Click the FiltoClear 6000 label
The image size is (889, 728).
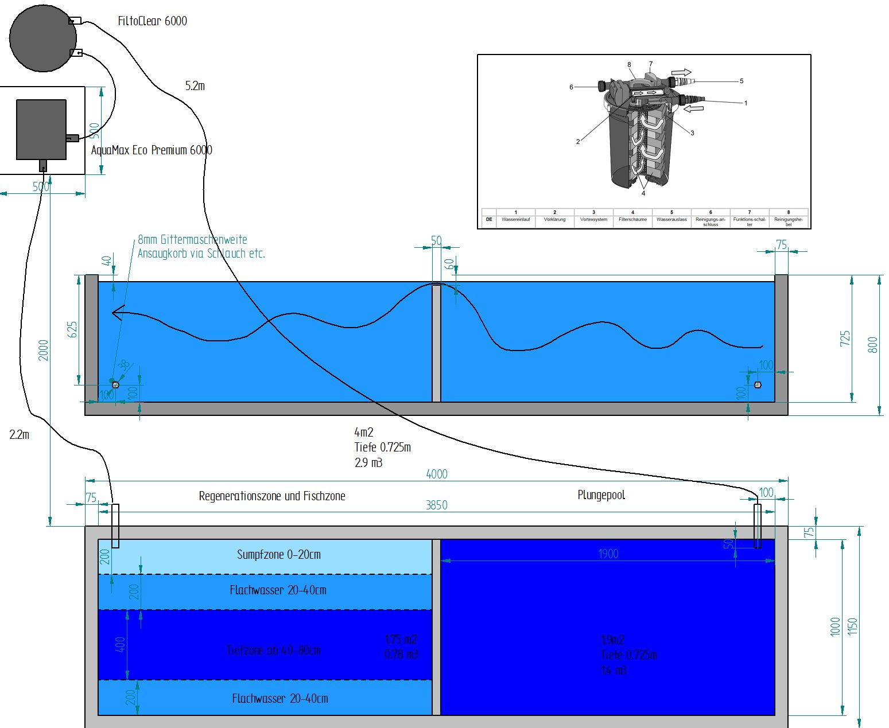pyautogui.click(x=152, y=21)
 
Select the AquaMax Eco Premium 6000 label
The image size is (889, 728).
pyautogui.click(x=152, y=150)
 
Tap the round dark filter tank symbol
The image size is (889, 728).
pyautogui.click(x=43, y=37)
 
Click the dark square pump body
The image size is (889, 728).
pyautogui.click(x=41, y=130)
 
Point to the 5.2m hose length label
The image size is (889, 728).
pyautogui.click(x=195, y=86)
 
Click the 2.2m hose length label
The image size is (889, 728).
pyautogui.click(x=19, y=435)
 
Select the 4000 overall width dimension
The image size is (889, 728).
pyautogui.click(x=437, y=474)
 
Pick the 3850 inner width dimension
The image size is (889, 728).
pyautogui.click(x=436, y=505)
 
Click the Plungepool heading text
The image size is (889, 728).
pyautogui.click(x=601, y=495)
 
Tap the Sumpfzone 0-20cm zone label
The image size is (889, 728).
pyautogui.click(x=279, y=555)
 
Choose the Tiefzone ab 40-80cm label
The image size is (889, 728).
pyautogui.click(x=274, y=651)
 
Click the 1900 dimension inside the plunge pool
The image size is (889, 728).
pyautogui.click(x=608, y=554)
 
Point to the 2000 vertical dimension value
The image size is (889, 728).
pyautogui.click(x=44, y=350)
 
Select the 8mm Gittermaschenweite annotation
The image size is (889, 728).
pyautogui.click(x=192, y=240)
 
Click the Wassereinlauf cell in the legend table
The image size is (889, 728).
pyautogui.click(x=515, y=220)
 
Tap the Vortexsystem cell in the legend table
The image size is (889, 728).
pyautogui.click(x=593, y=220)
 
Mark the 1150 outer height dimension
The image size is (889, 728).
pyautogui.click(x=852, y=626)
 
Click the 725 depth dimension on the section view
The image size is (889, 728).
pyautogui.click(x=845, y=338)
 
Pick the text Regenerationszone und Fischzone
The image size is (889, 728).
pyautogui.click(x=272, y=496)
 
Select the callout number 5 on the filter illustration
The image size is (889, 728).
pyautogui.click(x=741, y=81)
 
